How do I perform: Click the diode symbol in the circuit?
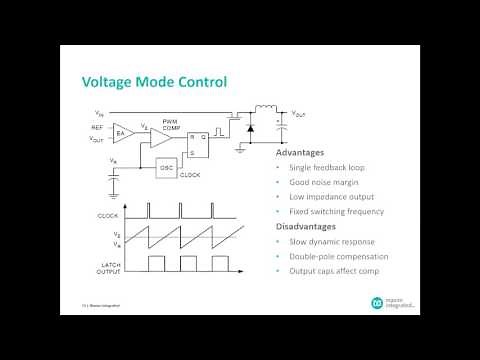[250, 128]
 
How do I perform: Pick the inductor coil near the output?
[268, 110]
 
